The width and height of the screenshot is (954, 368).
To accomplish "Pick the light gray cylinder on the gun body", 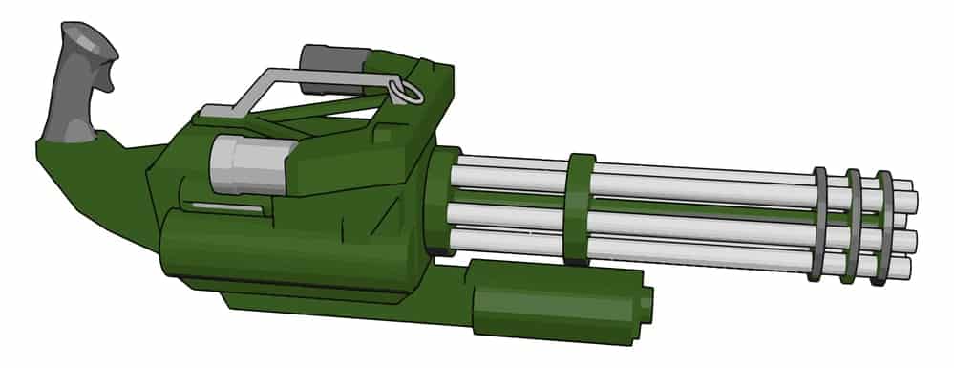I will click(x=245, y=162).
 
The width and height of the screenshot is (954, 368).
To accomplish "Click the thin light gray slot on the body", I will click(x=223, y=206).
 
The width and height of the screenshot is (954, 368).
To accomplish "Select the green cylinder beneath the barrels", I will click(x=554, y=292).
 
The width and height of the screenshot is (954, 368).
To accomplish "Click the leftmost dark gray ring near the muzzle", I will click(x=818, y=224).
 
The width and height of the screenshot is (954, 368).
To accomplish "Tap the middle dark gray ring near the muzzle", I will click(x=852, y=226).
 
